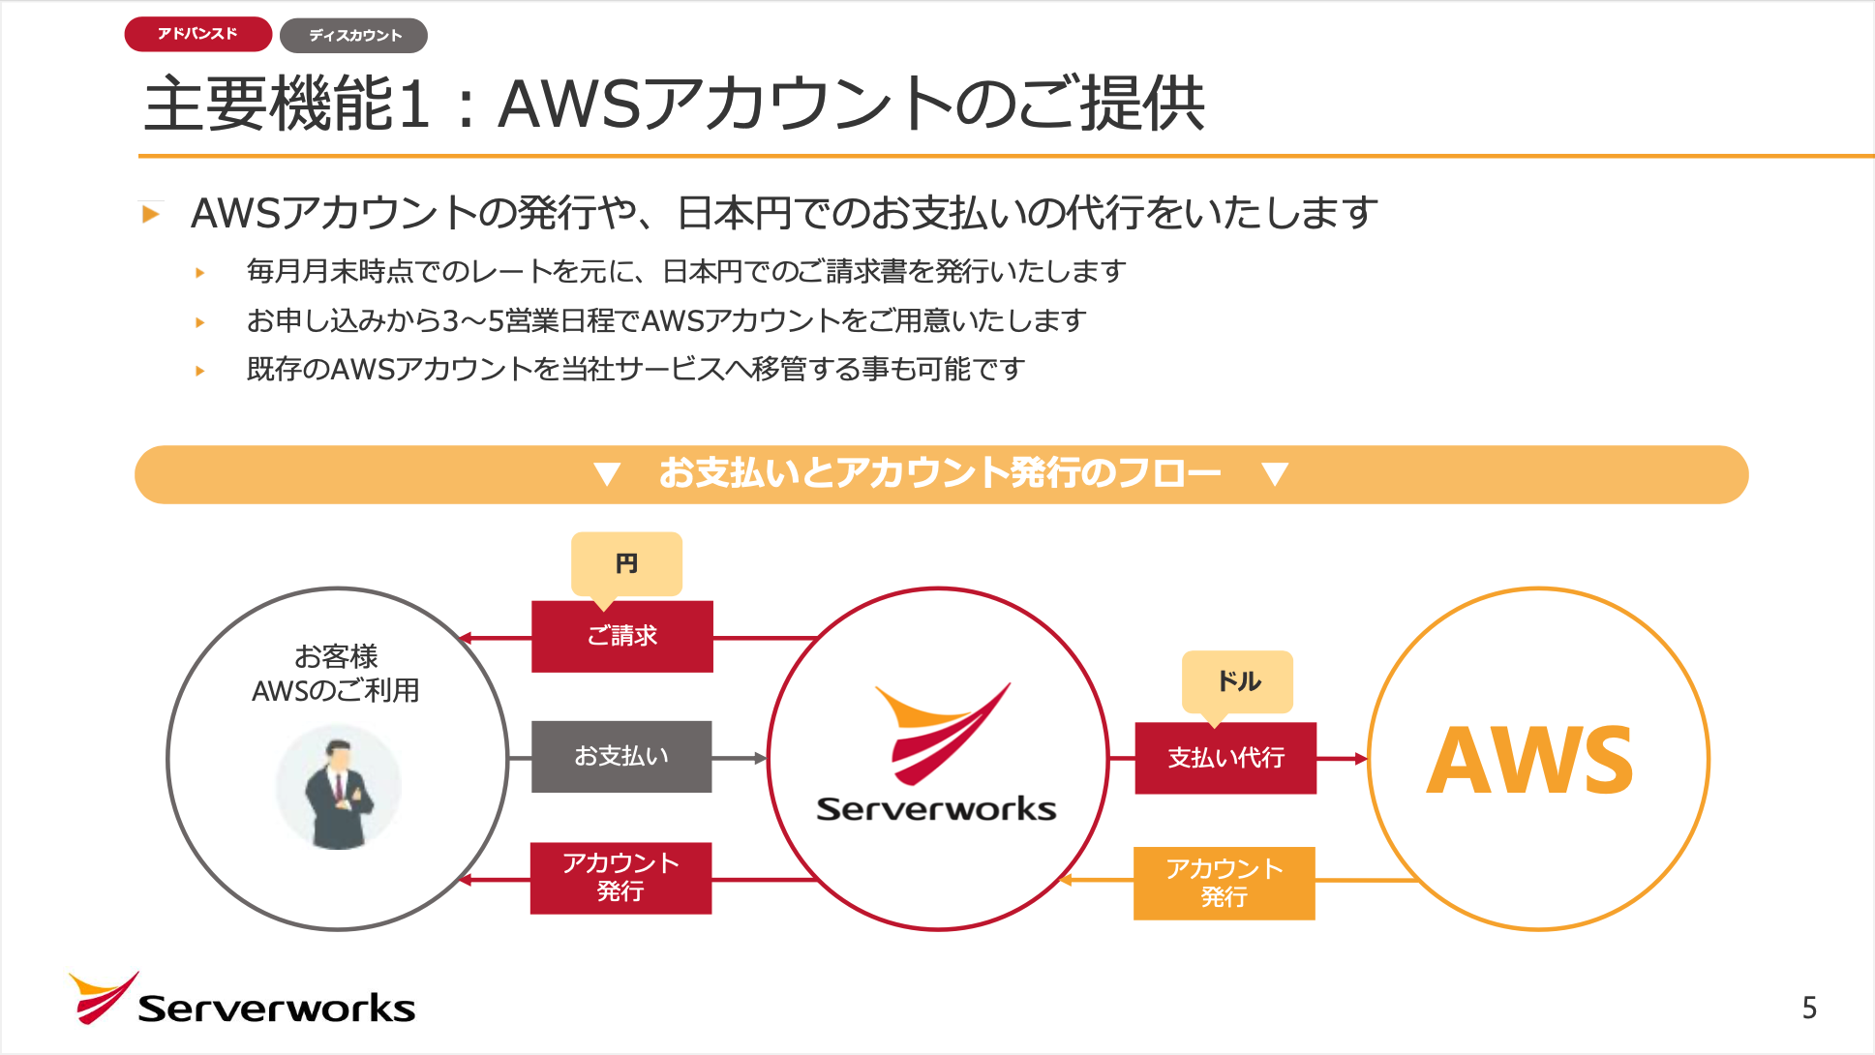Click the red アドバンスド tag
197,34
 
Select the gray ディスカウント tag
353,36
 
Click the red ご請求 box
621,636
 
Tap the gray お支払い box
620,756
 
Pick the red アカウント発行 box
620,877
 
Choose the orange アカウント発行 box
1224,883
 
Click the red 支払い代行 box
1225,758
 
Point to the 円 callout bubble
626,563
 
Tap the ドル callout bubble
1237,681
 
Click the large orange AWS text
1529,762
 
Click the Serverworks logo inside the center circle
936,755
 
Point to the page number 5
1808,1009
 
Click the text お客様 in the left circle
336,656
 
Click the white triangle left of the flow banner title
607,473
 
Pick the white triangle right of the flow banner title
1275,473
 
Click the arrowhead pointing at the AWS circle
1360,759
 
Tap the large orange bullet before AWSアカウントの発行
150,214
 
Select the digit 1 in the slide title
413,105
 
